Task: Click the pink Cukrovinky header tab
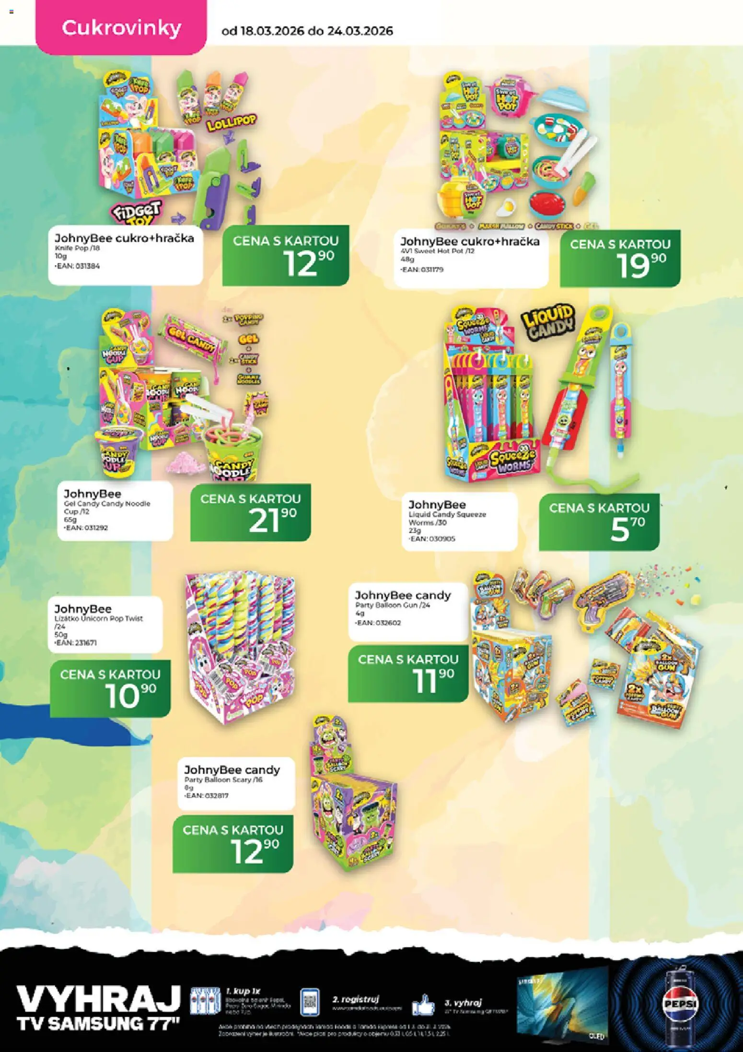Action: (x=121, y=28)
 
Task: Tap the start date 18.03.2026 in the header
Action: (x=271, y=31)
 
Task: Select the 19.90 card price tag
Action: (x=620, y=261)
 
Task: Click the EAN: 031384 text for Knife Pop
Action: (x=78, y=266)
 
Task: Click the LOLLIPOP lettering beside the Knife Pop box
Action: (x=232, y=124)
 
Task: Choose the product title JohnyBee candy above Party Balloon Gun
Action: (x=403, y=595)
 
